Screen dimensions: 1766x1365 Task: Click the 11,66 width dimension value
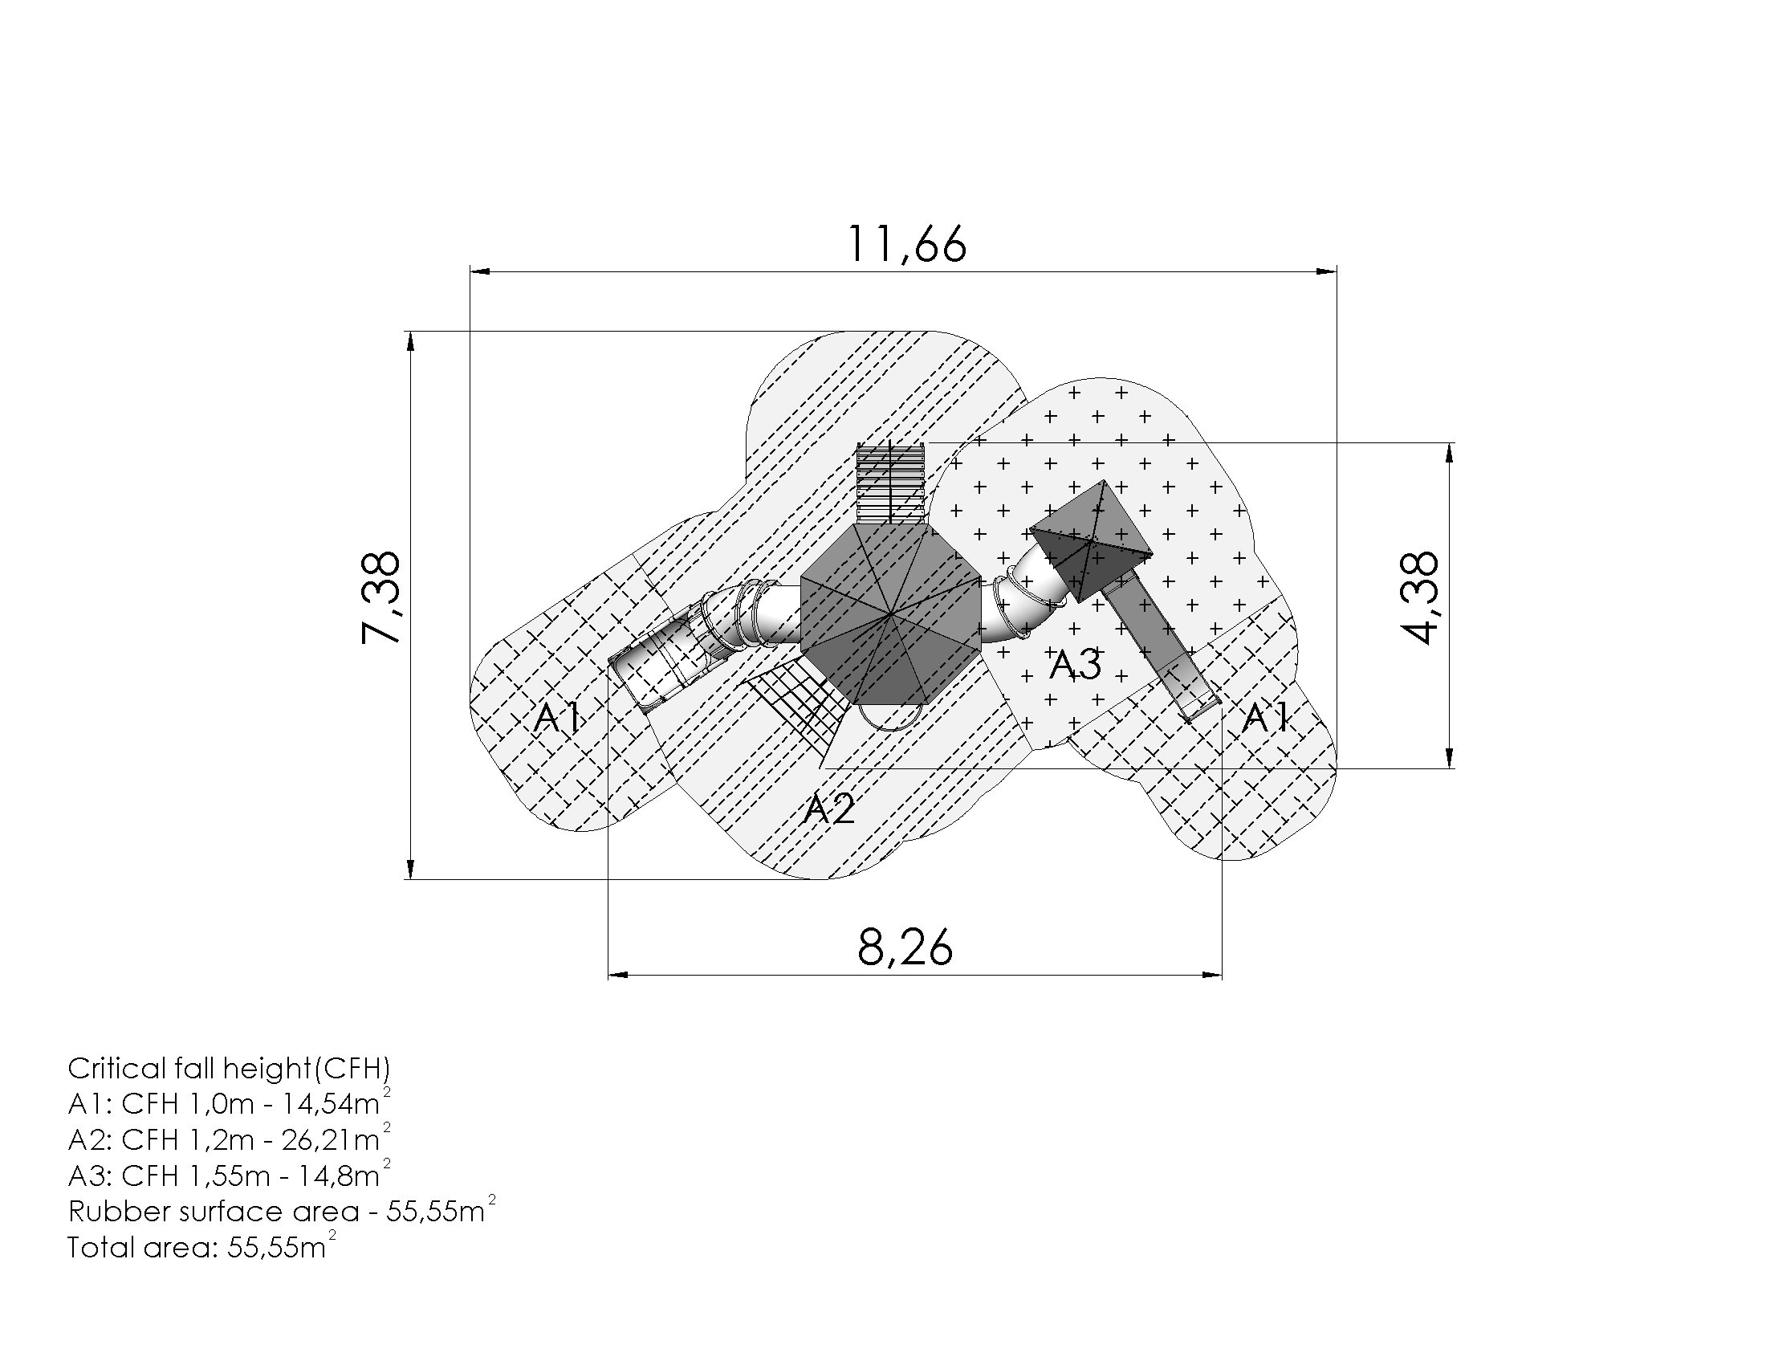(905, 244)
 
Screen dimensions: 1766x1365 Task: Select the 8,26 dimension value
(905, 947)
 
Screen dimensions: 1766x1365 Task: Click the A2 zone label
(829, 809)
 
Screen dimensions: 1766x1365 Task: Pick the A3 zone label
(1075, 665)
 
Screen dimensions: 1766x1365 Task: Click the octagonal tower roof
(890, 614)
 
